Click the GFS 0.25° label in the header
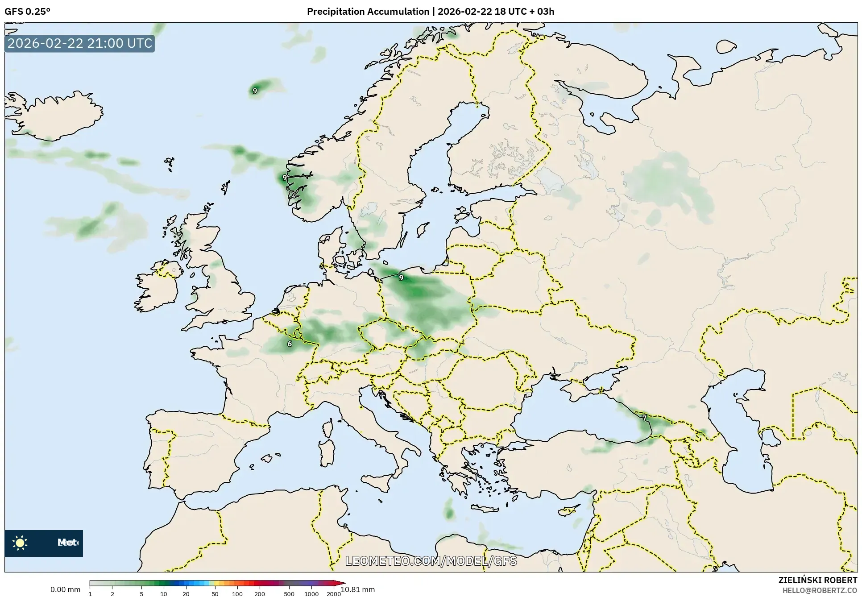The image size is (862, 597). click(27, 12)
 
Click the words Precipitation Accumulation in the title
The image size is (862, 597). click(368, 12)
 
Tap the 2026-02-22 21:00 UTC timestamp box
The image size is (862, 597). click(80, 43)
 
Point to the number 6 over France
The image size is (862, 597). click(290, 344)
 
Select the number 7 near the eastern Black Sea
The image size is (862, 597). click(644, 418)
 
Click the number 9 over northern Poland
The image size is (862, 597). click(401, 278)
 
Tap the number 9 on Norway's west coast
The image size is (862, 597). click(285, 178)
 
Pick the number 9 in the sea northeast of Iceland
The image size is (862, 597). click(255, 91)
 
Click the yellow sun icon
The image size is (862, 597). click(20, 543)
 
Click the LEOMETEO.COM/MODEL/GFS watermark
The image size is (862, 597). click(431, 561)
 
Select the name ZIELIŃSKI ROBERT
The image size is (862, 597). click(818, 580)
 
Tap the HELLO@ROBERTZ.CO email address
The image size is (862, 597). click(820, 590)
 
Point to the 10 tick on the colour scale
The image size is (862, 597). click(164, 593)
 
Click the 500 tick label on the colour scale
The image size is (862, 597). click(289, 593)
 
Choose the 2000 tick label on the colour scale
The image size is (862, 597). click(334, 593)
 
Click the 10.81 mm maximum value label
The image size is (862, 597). click(357, 589)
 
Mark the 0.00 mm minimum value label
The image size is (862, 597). click(65, 589)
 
